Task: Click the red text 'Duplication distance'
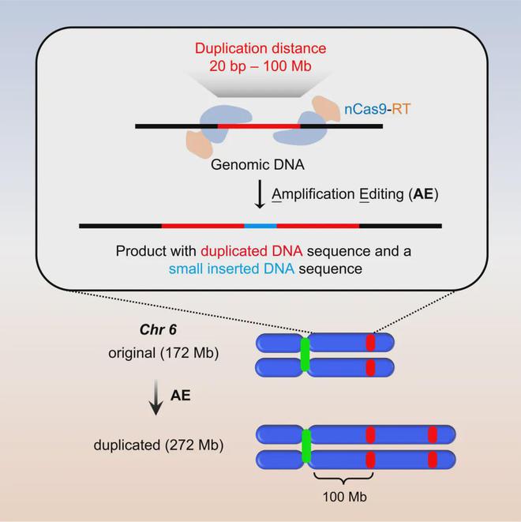[x=260, y=49]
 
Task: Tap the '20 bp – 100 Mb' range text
[x=260, y=66]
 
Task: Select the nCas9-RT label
[x=377, y=109]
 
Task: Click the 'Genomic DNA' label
[x=257, y=165]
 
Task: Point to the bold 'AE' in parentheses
[x=423, y=193]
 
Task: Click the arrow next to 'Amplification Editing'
[x=260, y=194]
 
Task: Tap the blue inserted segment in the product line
[x=260, y=226]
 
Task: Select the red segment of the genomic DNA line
[x=259, y=126]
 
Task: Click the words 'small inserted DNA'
[x=231, y=269]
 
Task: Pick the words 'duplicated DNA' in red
[x=252, y=251]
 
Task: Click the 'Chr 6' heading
[x=158, y=329]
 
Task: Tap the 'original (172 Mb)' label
[x=163, y=353]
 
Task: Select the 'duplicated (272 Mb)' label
[x=159, y=445]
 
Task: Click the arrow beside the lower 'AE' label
[x=156, y=398]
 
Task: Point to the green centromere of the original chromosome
[x=305, y=355]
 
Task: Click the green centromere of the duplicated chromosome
[x=306, y=446]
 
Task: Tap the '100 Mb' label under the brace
[x=345, y=497]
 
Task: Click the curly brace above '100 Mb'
[x=343, y=478]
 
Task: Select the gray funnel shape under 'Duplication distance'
[x=260, y=84]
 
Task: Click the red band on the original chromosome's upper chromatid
[x=371, y=343]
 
